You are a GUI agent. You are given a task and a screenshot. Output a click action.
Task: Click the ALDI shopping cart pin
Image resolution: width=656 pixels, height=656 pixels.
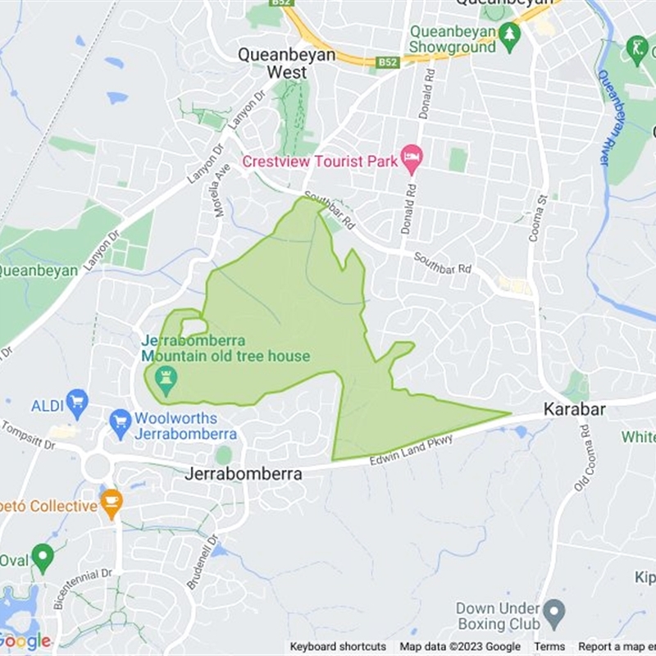pyautogui.click(x=77, y=401)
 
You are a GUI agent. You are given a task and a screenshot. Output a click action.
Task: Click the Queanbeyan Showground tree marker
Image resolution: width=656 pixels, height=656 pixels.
pyautogui.click(x=510, y=36)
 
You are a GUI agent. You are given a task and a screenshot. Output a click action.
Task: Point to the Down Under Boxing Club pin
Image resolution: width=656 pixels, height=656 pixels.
pyautogui.click(x=555, y=610)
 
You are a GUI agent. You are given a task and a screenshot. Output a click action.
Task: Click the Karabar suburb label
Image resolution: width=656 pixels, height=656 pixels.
pyautogui.click(x=574, y=408)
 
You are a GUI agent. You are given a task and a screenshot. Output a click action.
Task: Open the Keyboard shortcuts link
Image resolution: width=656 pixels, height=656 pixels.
pyautogui.click(x=338, y=647)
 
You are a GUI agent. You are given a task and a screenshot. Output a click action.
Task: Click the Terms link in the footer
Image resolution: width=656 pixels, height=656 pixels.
pyautogui.click(x=549, y=647)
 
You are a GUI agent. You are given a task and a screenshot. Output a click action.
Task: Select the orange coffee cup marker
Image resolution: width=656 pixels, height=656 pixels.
pyautogui.click(x=111, y=500)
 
